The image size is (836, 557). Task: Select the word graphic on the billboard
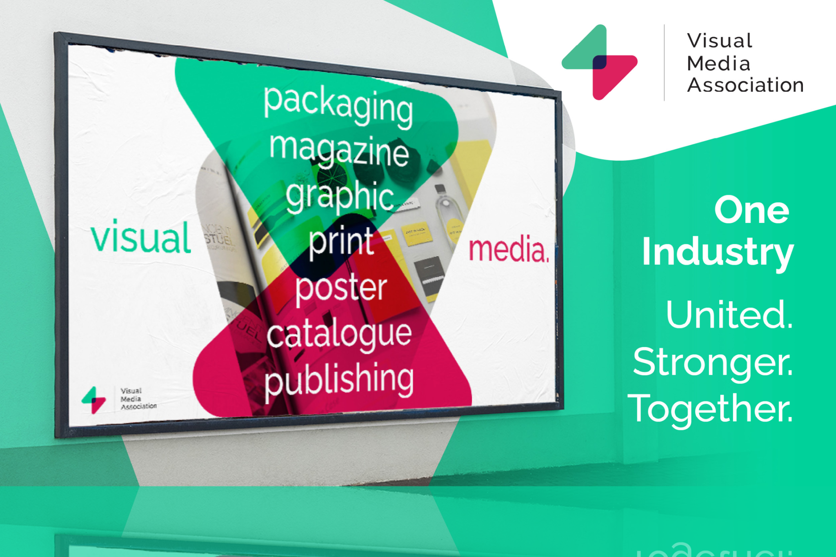coord(340,197)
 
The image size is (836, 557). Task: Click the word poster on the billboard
coord(341,288)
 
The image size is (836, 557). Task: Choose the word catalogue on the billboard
coord(339,334)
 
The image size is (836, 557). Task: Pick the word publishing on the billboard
coord(339,379)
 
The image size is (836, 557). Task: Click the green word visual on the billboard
coord(141,237)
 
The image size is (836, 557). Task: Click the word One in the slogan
coord(752,211)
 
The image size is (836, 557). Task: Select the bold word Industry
coord(718,252)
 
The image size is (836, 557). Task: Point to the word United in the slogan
coord(729,314)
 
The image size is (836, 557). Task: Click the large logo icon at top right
coord(599,62)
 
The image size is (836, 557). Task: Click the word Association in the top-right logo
coord(745,85)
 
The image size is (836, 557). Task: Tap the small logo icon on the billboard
coord(93,400)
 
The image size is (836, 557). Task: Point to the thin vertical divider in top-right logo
coord(664,62)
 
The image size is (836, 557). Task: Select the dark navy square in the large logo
coord(599,62)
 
